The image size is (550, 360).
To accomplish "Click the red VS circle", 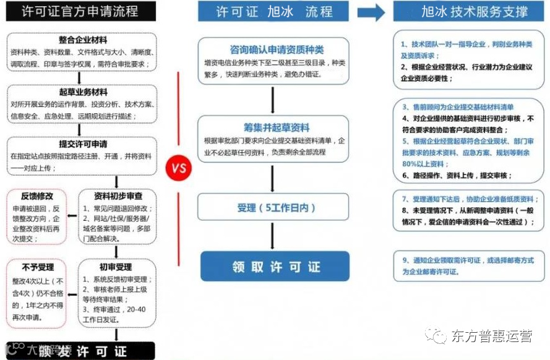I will click(179, 167).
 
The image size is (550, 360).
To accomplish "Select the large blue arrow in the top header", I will click(370, 11).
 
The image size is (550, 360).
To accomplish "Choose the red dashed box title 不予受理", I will click(33, 267).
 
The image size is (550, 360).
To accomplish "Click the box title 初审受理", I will click(116, 267).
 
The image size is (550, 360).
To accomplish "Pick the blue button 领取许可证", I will click(275, 267).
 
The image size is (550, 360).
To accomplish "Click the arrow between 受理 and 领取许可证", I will click(273, 236).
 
